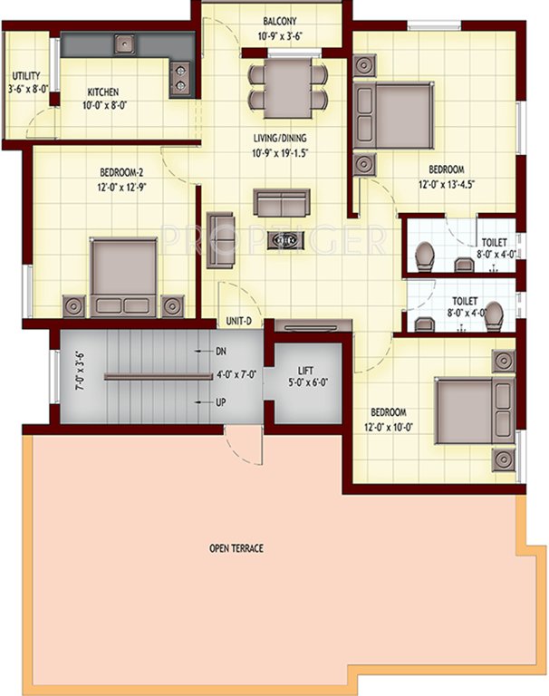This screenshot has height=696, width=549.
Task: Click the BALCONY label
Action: (273, 20)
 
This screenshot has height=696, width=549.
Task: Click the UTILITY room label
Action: (24, 76)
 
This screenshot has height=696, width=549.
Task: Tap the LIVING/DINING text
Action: (280, 139)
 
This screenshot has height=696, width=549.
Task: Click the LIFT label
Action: (306, 370)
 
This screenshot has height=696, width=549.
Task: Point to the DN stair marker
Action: (221, 351)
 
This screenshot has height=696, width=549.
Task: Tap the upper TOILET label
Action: (494, 243)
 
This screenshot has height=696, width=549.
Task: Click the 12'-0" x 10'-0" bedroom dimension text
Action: (395, 427)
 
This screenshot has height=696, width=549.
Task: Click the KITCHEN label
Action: (103, 92)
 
